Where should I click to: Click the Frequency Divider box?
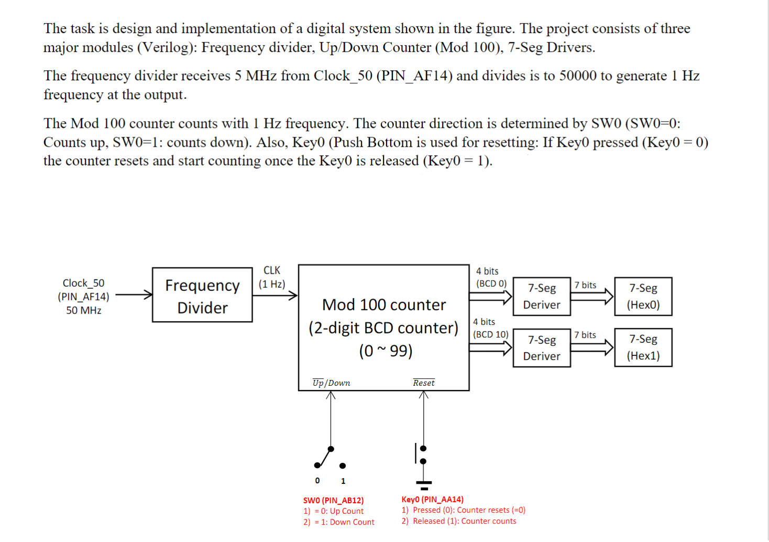(x=202, y=295)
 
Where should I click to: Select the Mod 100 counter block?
(x=383, y=327)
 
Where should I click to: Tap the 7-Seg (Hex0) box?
(x=643, y=297)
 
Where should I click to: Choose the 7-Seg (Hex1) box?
(x=643, y=348)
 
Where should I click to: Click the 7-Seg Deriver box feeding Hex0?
(x=541, y=297)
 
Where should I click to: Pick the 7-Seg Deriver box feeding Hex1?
(x=541, y=348)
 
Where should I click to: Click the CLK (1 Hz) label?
(x=271, y=277)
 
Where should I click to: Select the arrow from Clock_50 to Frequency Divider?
(x=134, y=295)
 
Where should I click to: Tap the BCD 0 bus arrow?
(x=490, y=297)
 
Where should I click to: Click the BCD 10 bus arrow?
(x=490, y=348)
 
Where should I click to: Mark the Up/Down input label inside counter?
(x=331, y=383)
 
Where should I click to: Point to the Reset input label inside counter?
(x=423, y=383)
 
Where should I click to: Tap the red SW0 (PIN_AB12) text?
(x=333, y=501)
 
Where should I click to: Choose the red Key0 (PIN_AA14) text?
(x=432, y=500)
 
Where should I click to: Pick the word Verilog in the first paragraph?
(x=167, y=48)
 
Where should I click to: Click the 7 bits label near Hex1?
(x=585, y=335)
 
